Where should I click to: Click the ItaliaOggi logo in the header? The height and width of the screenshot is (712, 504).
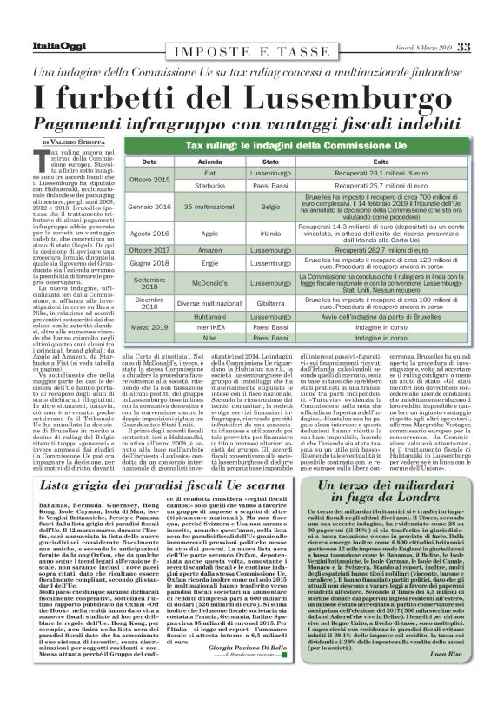point(54,21)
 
